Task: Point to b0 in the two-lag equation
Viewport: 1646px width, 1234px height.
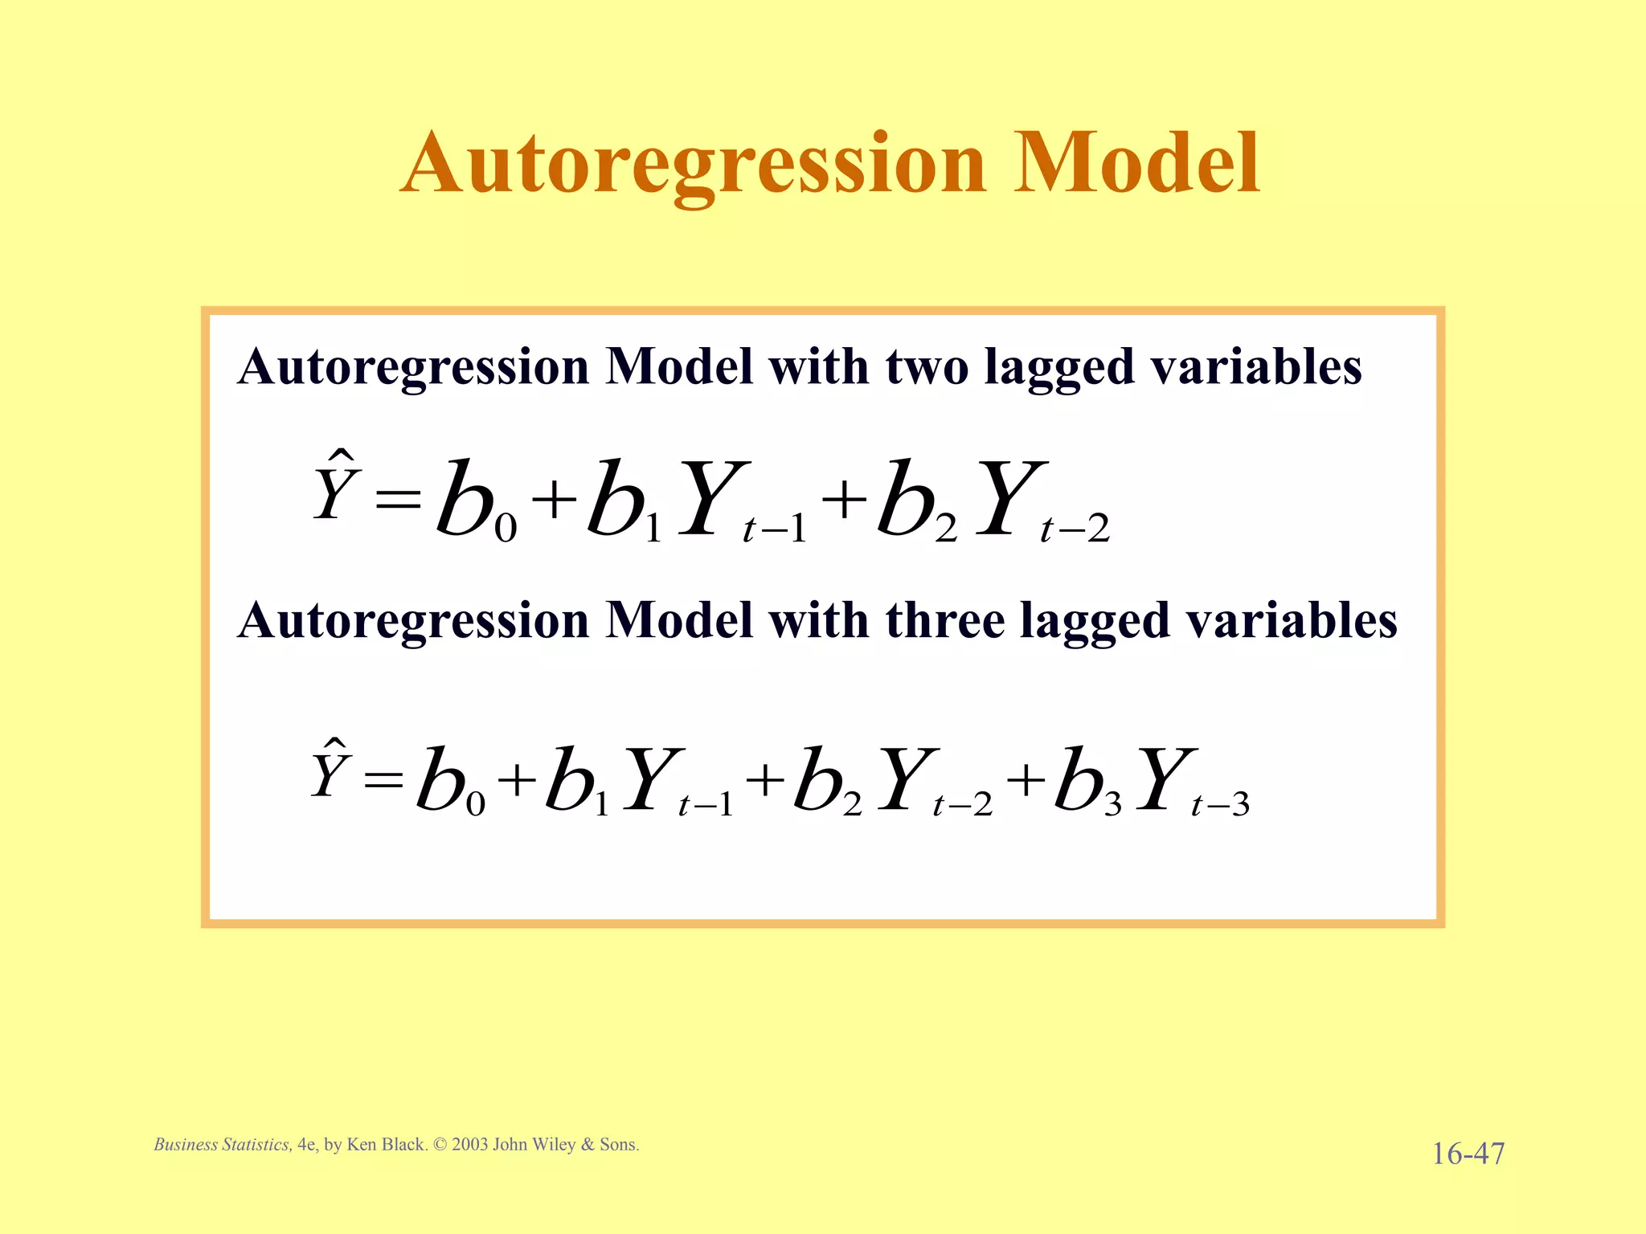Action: coord(474,502)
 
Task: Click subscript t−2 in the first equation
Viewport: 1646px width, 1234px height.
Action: coord(1075,529)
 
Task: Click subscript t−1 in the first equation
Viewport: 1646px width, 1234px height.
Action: coord(775,529)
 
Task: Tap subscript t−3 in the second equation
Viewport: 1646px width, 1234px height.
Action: coord(1220,804)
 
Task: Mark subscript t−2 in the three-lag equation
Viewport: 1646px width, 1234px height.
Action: coord(962,804)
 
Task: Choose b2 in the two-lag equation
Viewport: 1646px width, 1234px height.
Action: coord(915,502)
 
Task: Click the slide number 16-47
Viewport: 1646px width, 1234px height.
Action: coord(1468,1154)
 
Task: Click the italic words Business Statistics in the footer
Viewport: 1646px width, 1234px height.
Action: coord(223,1145)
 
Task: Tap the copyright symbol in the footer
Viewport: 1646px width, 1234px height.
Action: coord(440,1145)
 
